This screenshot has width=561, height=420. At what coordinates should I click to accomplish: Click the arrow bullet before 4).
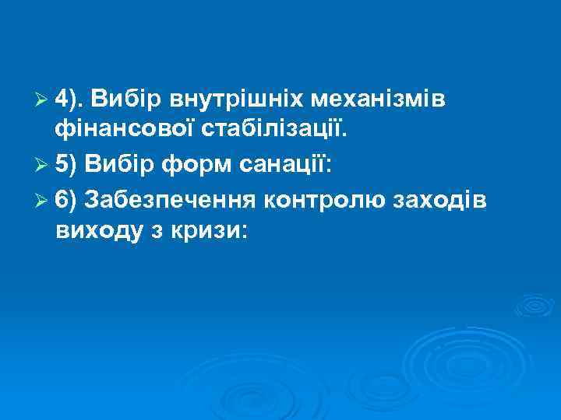pyautogui.click(x=44, y=101)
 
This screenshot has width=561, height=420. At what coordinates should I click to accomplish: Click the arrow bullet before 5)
pyautogui.click(x=44, y=166)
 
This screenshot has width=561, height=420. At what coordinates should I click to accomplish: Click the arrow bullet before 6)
pyautogui.click(x=44, y=199)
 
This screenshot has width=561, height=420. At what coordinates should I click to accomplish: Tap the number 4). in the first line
pyautogui.click(x=70, y=100)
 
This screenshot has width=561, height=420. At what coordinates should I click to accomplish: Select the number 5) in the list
pyautogui.click(x=67, y=165)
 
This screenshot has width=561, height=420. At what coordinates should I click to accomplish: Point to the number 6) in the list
pyautogui.click(x=67, y=198)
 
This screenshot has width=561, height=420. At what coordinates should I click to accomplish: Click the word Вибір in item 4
pyautogui.click(x=121, y=100)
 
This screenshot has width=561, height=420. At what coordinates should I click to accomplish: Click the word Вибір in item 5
pyautogui.click(x=114, y=165)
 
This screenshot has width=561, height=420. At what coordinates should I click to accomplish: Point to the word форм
pyautogui.click(x=185, y=165)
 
